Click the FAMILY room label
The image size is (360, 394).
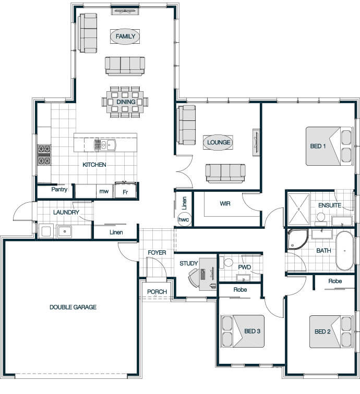click(x=125, y=36)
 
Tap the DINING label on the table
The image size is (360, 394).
click(x=126, y=102)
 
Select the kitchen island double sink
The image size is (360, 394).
click(x=105, y=145)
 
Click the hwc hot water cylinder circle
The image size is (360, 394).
click(x=184, y=219)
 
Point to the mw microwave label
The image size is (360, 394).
click(x=104, y=191)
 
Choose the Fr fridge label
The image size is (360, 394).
click(x=125, y=192)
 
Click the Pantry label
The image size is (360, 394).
click(x=59, y=190)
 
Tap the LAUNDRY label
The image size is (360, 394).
click(x=66, y=213)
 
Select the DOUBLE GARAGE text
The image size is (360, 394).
click(x=73, y=307)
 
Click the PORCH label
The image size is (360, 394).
click(x=157, y=292)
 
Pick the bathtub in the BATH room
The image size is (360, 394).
click(x=344, y=251)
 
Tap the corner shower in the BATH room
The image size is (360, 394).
click(x=297, y=239)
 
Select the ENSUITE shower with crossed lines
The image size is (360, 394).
click(x=298, y=209)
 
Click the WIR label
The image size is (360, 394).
click(x=225, y=204)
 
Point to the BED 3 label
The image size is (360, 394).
click(x=253, y=331)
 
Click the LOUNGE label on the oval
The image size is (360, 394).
click(x=219, y=142)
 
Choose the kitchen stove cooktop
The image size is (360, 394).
click(x=44, y=155)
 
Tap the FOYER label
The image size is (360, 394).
click(x=157, y=253)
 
